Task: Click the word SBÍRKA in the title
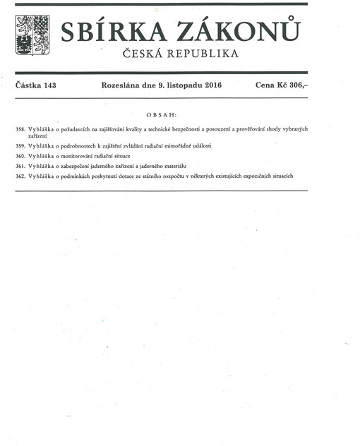112,32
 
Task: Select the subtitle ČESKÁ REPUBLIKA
180,54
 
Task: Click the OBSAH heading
161,114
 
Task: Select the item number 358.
20,129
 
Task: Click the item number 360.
20,155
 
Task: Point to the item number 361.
20,164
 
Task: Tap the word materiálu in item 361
172,164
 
